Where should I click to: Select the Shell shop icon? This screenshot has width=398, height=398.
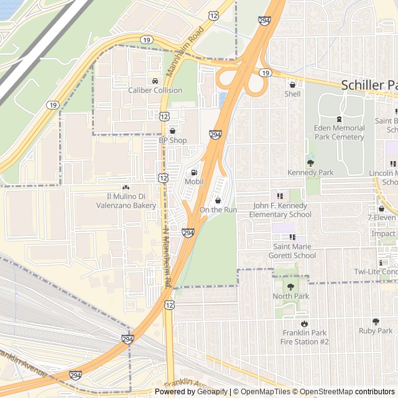pos(292,85)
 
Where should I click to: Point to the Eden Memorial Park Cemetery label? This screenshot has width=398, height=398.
pos(339,132)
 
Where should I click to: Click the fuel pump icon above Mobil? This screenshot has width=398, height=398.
pos(194,172)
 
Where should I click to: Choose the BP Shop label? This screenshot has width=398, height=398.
pos(172,141)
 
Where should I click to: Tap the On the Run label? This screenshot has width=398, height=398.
pos(218,210)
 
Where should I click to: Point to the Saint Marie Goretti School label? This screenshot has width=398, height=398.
pos(292,251)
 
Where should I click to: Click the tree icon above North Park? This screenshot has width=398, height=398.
pos(290,287)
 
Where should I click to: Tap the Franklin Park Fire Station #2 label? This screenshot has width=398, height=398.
pos(304,337)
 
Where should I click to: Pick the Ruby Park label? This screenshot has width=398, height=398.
pos(376,331)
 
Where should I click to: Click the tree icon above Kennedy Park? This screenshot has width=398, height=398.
pos(310,163)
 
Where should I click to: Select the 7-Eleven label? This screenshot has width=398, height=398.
pos(382,218)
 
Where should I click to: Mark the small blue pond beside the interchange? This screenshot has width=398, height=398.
pos(223,99)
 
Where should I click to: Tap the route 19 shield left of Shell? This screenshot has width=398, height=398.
pos(266,73)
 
